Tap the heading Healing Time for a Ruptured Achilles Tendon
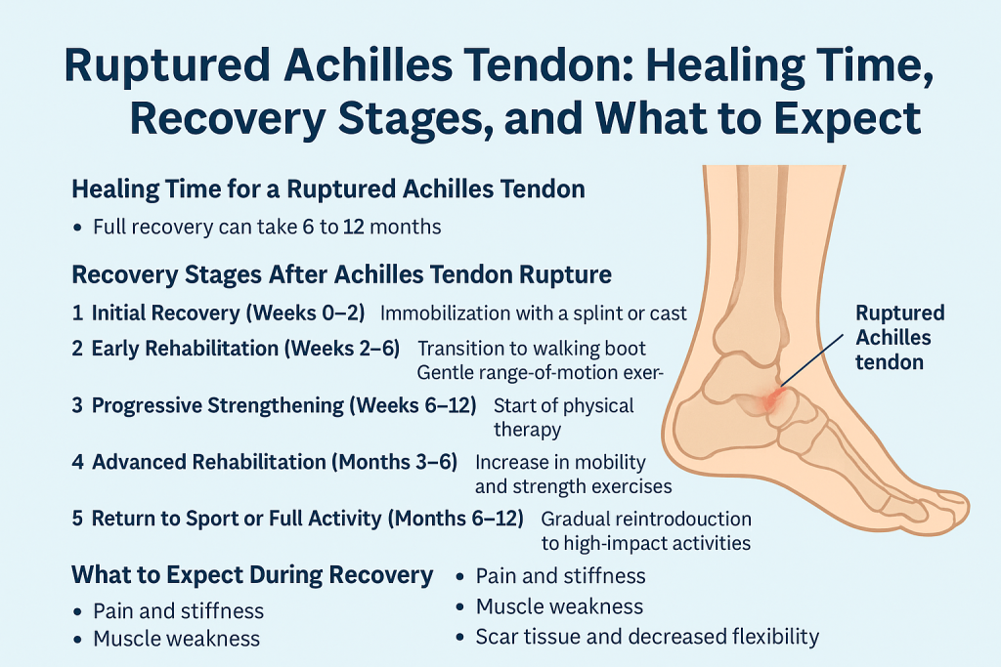[328, 188]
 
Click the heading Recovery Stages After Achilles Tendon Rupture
[342, 274]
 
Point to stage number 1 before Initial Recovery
[77, 313]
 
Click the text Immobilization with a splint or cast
[534, 313]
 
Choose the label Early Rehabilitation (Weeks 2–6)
[245, 349]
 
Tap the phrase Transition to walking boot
[531, 349]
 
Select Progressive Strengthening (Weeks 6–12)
[283, 404]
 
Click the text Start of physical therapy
[563, 416]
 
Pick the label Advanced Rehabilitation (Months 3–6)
[275, 461]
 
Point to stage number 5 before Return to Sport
[77, 519]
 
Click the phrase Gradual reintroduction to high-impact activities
[645, 530]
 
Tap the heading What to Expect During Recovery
[252, 575]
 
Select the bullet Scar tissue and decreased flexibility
[647, 637]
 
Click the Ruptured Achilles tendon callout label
[899, 337]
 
